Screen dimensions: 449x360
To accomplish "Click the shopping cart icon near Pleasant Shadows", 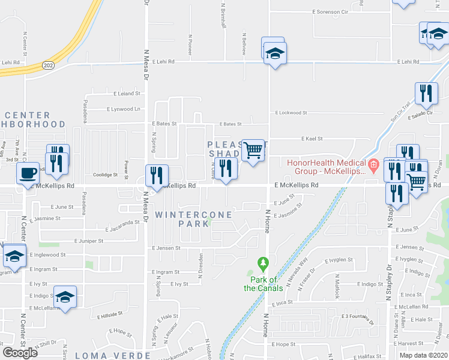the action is (x=254, y=149).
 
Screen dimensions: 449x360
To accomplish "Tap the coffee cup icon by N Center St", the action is (x=28, y=174).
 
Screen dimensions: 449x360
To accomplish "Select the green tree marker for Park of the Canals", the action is (x=262, y=263).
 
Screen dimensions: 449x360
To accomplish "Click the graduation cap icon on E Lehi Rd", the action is (x=276, y=53).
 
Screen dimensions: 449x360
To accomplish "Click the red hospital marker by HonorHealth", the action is (x=373, y=163).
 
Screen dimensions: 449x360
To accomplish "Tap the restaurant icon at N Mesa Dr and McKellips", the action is (x=156, y=175).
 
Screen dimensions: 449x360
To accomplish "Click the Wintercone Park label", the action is (x=185, y=218).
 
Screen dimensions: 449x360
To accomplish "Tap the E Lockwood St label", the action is (x=291, y=112).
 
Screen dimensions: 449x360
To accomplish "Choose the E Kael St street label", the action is (x=312, y=139).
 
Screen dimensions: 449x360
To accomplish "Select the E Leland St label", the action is (x=127, y=94).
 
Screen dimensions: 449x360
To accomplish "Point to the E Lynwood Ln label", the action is (x=124, y=109).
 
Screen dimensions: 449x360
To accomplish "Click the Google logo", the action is (x=20, y=353).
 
